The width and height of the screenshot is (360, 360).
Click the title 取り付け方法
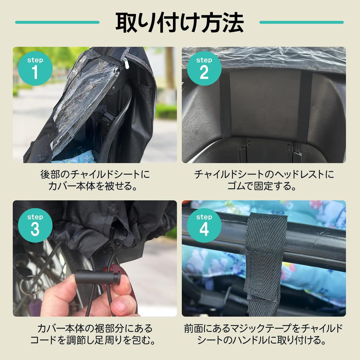click(x=179, y=23)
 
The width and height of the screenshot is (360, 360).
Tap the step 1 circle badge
click(x=35, y=68)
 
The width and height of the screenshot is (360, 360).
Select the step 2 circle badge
click(x=204, y=68)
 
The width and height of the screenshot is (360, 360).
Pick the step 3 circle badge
click(x=35, y=225)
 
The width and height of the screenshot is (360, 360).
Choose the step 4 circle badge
click(x=204, y=225)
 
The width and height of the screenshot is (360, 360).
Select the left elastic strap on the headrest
click(x=225, y=105)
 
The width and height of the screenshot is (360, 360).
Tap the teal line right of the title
click(x=301, y=22)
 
